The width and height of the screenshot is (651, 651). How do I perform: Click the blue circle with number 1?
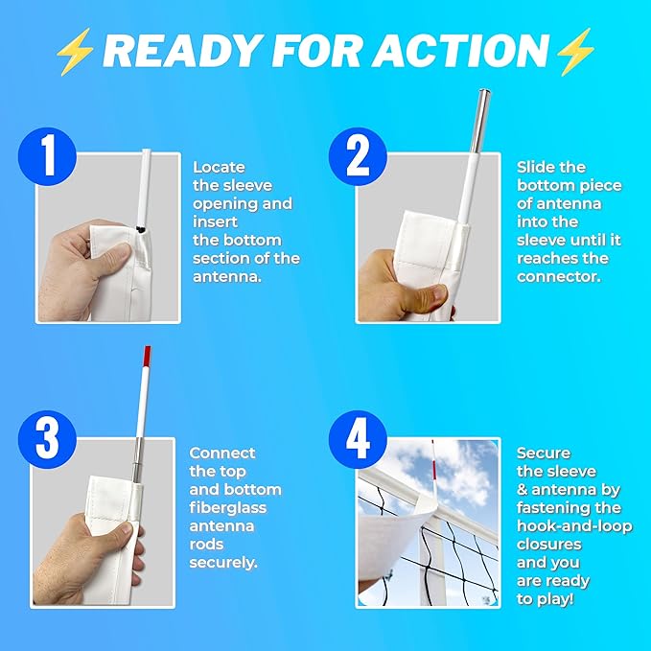coord(47,156)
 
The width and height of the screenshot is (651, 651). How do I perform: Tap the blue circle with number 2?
coord(358,156)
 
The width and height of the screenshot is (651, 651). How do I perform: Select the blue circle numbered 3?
coord(47,440)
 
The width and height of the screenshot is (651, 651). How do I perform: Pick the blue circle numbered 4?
coord(358,440)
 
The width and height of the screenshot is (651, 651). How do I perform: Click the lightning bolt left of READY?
coord(75,52)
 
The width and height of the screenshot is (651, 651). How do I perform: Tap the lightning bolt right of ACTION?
coord(575,52)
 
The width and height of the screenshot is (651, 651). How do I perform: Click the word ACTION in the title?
coord(460,51)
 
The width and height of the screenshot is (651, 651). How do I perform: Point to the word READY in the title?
coord(183,51)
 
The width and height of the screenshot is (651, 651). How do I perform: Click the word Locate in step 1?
coord(219,168)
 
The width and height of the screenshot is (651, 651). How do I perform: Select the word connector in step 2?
coord(559,277)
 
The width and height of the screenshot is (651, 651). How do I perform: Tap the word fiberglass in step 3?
coord(227,508)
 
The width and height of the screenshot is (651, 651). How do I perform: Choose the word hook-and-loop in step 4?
coord(574,526)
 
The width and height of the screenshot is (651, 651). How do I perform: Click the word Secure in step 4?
coord(544,453)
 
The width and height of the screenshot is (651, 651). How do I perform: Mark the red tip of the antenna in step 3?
coord(147,356)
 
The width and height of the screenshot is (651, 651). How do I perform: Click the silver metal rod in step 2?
coord(480,121)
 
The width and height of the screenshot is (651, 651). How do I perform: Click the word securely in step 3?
coord(223,563)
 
